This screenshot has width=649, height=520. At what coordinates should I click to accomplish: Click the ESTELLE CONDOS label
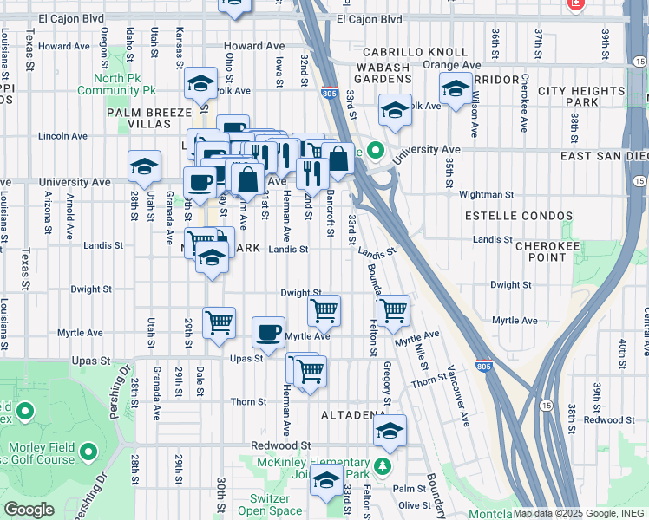[519, 215]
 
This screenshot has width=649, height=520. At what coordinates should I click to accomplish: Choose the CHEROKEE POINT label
[554, 251]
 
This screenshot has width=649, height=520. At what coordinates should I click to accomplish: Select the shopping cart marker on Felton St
[394, 309]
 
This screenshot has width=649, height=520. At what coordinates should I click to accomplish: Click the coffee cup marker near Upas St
[268, 331]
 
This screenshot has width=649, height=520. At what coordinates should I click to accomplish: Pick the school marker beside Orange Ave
[456, 87]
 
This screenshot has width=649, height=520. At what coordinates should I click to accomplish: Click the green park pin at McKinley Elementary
[383, 468]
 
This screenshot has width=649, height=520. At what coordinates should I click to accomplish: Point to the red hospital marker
[574, 4]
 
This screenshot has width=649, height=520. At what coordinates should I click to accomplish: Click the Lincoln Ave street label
[63, 136]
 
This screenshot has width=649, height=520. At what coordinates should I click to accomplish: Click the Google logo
[29, 510]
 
